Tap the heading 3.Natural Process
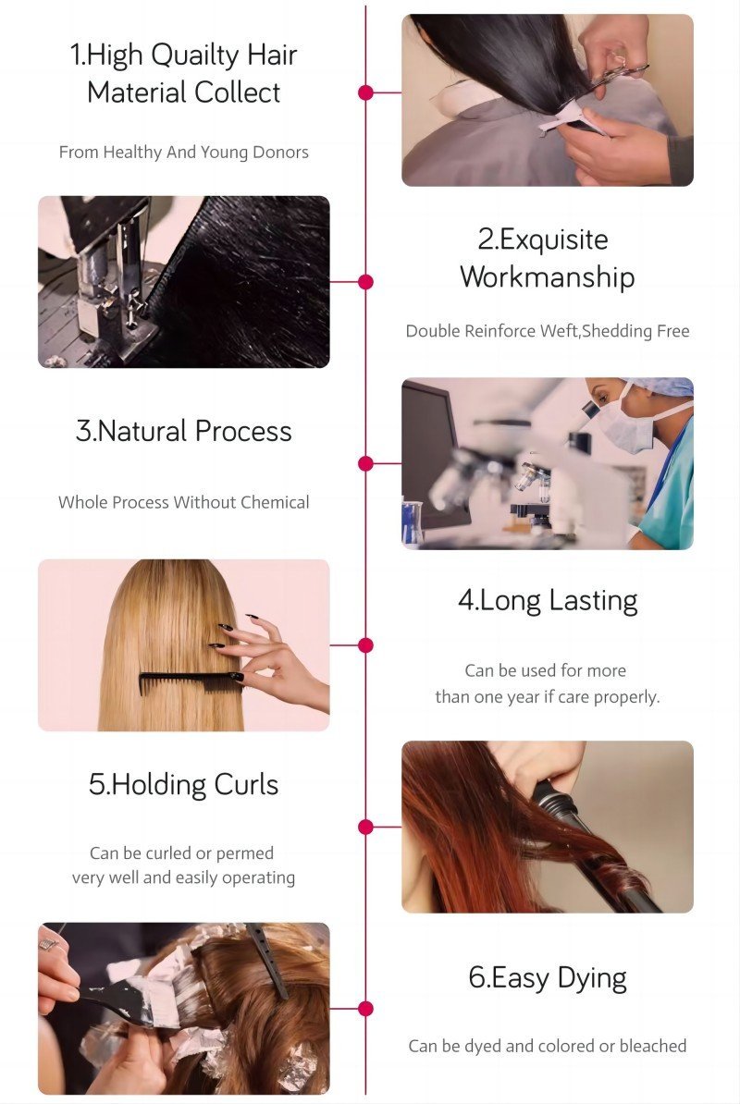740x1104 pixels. coord(184,431)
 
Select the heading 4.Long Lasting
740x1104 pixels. coord(548,601)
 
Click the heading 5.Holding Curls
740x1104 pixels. coord(184,785)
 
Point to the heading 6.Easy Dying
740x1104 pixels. coord(548,978)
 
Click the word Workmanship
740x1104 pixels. coord(548,276)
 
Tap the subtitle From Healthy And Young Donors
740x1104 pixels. coord(184,152)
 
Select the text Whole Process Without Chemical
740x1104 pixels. coord(184,502)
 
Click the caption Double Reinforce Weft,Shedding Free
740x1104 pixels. coord(548,331)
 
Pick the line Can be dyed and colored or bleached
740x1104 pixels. coord(548,1047)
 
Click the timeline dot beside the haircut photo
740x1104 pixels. coord(365,92)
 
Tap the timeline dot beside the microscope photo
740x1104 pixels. coord(365,463)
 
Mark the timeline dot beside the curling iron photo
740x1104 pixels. coord(365,827)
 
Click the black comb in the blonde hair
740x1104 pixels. coord(191,681)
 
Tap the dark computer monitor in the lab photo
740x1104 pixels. coord(429,450)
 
